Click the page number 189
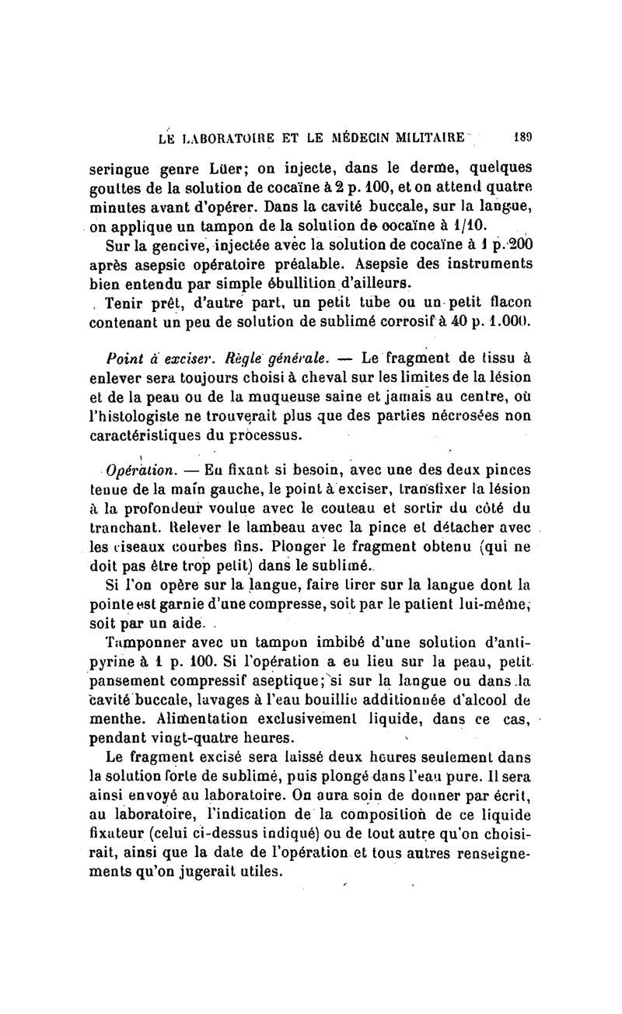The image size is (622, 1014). [521, 138]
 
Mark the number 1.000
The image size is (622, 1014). [505, 320]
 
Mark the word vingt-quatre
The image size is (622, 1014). [194, 736]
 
